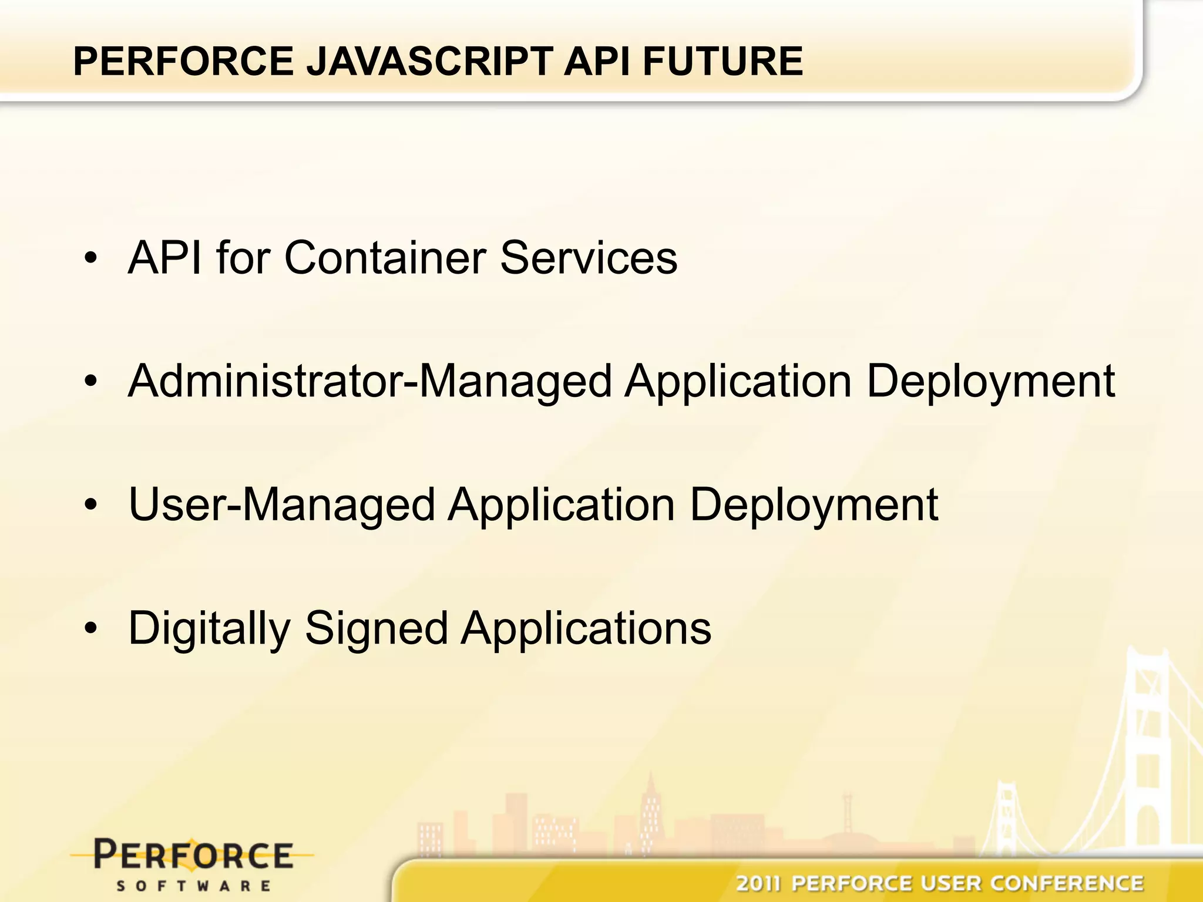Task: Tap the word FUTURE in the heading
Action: click(723, 61)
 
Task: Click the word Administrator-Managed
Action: click(370, 382)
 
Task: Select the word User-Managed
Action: click(282, 505)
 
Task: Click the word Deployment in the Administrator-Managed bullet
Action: click(990, 382)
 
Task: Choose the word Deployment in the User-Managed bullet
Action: click(814, 505)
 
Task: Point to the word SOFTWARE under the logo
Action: click(193, 886)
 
